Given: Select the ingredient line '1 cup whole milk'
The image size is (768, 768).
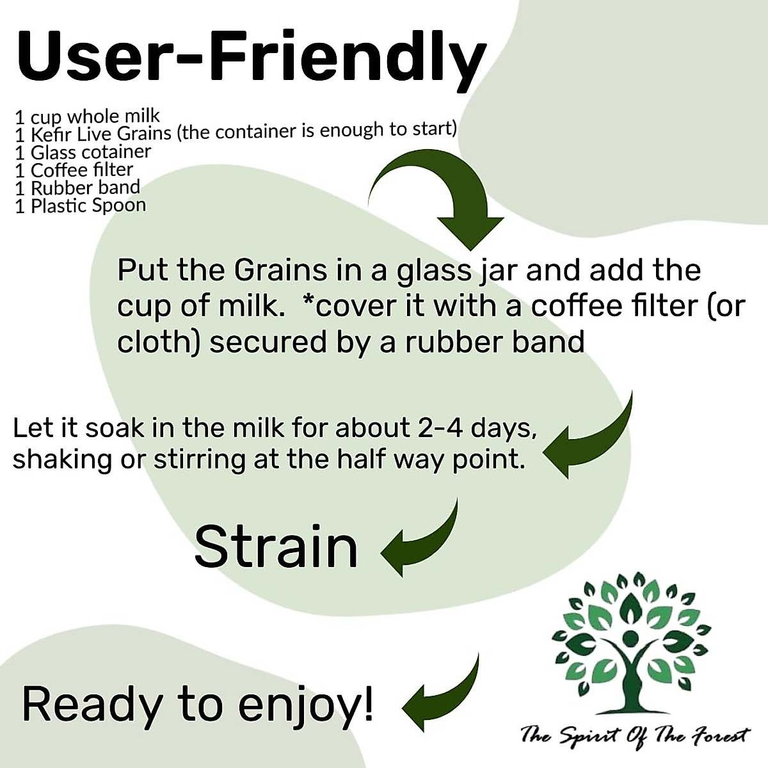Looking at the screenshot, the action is coord(87,116).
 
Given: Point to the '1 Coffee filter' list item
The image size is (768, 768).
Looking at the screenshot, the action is coord(74,170).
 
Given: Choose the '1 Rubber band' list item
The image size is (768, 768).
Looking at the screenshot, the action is coord(77,188).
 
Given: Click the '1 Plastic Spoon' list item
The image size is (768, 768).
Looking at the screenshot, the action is coord(80,205).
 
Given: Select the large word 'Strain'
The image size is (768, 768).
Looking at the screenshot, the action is coord(276,546).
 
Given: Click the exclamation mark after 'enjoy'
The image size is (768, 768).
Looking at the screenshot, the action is coord(368,703).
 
